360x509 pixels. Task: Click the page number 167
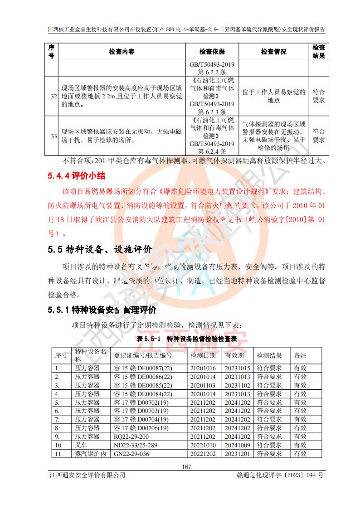(x=186, y=467)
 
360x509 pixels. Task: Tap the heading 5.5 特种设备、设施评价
(x=100, y=249)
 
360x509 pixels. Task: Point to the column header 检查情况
(x=273, y=52)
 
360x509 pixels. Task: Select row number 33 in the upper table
(x=54, y=136)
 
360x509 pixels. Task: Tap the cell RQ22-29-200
(x=131, y=436)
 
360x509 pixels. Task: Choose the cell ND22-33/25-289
(x=136, y=445)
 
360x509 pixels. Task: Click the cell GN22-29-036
(x=131, y=454)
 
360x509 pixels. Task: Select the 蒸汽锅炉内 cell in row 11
(x=90, y=454)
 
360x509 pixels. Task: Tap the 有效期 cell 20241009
(x=237, y=445)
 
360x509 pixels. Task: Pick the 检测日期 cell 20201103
(x=203, y=385)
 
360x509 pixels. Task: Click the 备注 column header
(x=301, y=355)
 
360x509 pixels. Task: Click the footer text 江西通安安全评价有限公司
(x=87, y=475)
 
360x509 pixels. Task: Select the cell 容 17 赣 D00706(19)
(x=141, y=428)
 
